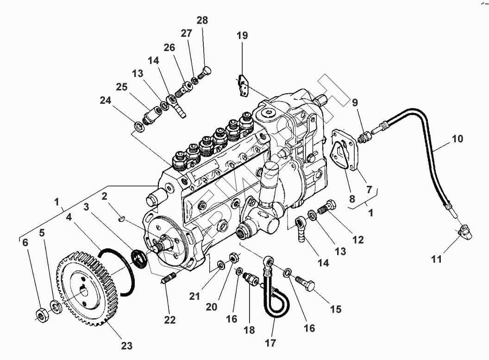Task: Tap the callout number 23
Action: pyautogui.click(x=126, y=345)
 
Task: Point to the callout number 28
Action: pyautogui.click(x=202, y=20)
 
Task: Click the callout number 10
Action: pyautogui.click(x=458, y=139)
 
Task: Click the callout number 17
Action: pyautogui.click(x=270, y=343)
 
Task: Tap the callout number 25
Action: pyautogui.click(x=121, y=87)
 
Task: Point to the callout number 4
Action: pyautogui.click(x=69, y=216)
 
